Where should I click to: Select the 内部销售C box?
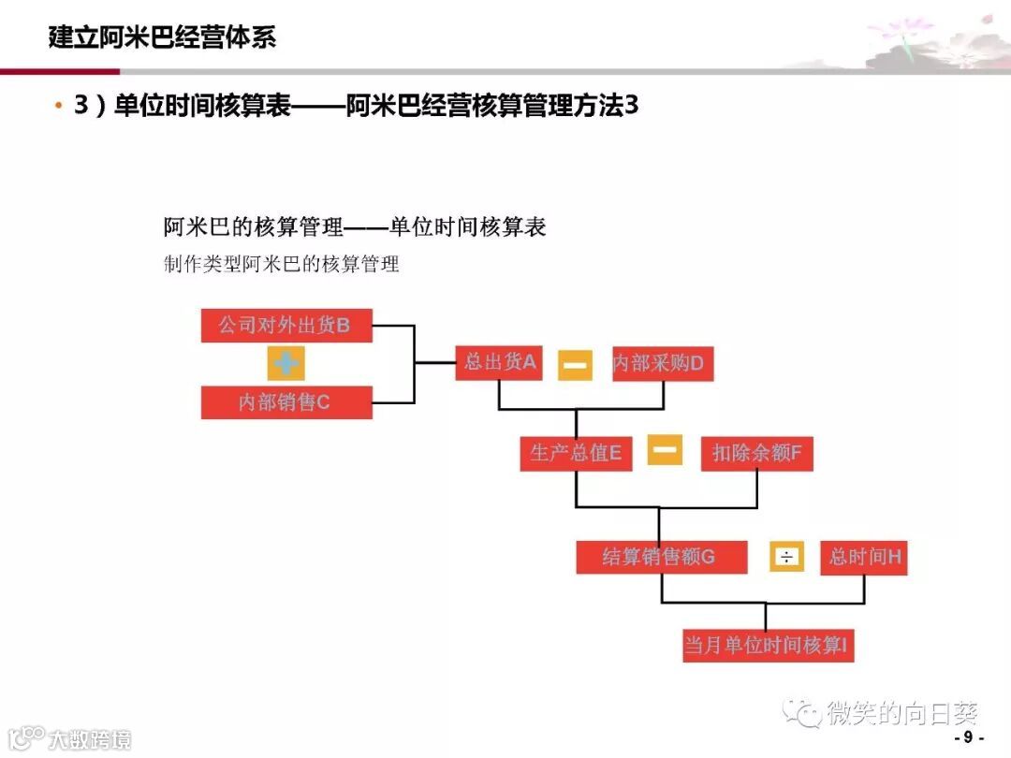point(286,402)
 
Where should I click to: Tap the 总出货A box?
point(500,362)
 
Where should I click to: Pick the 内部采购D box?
point(663,363)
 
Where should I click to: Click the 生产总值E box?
point(576,454)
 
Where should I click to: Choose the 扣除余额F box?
point(756,454)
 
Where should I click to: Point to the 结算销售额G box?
point(661,557)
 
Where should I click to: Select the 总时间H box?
point(863,557)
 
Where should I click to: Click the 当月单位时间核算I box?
point(768,646)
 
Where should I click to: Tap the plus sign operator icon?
point(286,363)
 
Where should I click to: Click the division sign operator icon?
point(786,558)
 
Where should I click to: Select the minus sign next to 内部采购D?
point(576,364)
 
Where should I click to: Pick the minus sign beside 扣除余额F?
point(666,450)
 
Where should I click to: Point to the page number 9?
point(968,737)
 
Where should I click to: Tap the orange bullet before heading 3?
point(59,107)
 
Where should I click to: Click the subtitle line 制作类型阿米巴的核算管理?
point(282,265)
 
